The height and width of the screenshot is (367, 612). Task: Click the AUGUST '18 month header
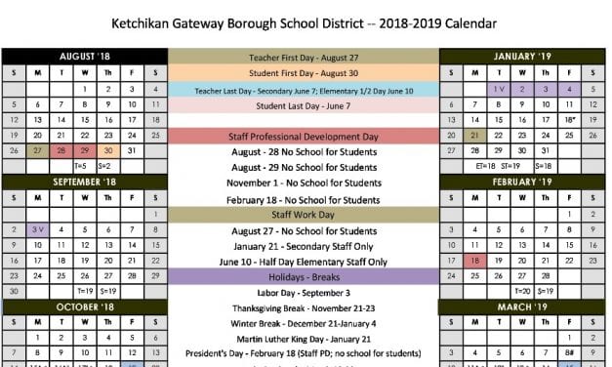(x=85, y=57)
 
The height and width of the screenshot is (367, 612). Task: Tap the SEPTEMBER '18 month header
(x=85, y=182)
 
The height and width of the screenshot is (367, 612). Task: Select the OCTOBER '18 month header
(x=85, y=306)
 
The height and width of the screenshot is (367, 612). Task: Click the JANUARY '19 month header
(x=522, y=57)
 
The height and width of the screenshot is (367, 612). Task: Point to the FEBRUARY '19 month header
(x=522, y=182)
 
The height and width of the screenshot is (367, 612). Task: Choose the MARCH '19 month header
(x=522, y=306)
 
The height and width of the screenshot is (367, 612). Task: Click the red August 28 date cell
(x=61, y=150)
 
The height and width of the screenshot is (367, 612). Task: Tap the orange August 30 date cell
(x=108, y=150)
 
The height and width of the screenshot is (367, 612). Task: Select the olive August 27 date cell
(x=37, y=150)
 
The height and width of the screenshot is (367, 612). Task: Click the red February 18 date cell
(x=474, y=260)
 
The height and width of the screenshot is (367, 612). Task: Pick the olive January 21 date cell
(x=474, y=135)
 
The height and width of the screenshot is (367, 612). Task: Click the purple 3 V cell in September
(x=37, y=228)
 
